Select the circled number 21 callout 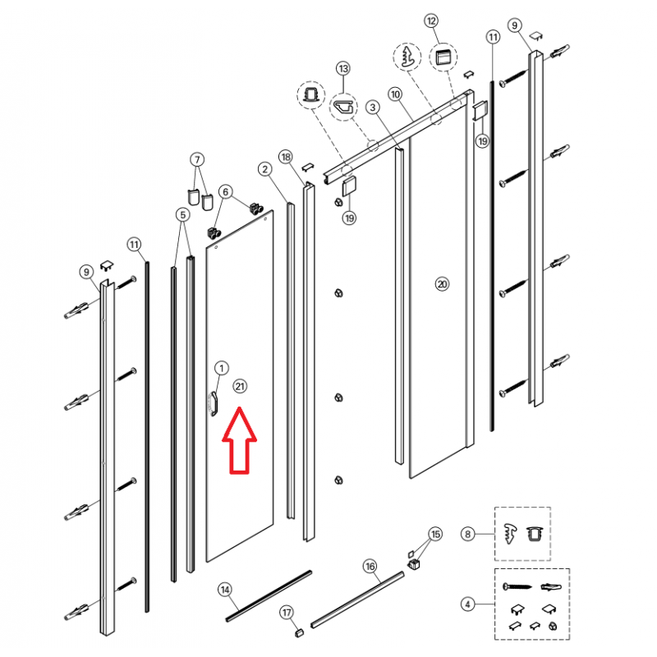point(240,386)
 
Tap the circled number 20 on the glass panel point(442,284)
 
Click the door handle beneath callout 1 point(214,404)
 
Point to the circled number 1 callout point(222,368)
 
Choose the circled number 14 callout point(225,590)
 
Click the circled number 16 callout point(370,567)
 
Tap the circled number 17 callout point(287,613)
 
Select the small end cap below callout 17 point(298,632)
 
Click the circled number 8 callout point(467,534)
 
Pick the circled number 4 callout point(467,604)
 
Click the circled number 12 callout point(431,21)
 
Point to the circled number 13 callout point(343,68)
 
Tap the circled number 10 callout point(395,94)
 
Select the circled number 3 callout point(373,108)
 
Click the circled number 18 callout point(286,157)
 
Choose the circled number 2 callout point(264,169)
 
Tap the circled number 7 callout point(197,159)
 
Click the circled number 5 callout point(182,215)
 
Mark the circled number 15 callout point(435,534)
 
